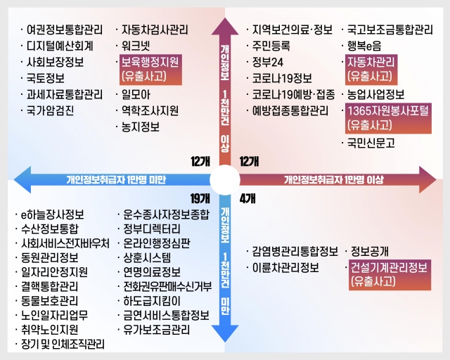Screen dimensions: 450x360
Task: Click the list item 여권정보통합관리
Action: pos(65,30)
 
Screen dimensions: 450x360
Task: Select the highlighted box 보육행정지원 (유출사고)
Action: pos(150,70)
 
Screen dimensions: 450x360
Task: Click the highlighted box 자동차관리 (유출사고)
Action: pos(371,70)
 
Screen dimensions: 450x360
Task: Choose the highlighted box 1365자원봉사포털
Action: pos(388,119)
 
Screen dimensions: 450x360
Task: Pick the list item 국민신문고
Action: pos(371,143)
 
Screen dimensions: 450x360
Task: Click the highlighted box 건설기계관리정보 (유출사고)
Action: pos(390,275)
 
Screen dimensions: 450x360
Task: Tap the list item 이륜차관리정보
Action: pos(285,268)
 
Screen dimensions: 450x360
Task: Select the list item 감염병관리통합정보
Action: pos(295,252)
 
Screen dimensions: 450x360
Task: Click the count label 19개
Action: pos(200,198)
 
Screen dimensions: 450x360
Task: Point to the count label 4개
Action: pos(247,198)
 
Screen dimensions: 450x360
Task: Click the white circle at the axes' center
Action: pos(225,180)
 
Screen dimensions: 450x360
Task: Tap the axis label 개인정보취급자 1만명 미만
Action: pos(116,180)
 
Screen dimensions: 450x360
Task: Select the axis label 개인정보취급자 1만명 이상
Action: pos(334,180)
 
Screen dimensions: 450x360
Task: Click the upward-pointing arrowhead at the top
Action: pos(225,27)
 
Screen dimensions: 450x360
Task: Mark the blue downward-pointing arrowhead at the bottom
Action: pos(225,333)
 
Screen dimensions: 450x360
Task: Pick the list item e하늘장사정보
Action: pos(53,214)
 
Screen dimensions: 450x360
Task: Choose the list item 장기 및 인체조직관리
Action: pos(63,344)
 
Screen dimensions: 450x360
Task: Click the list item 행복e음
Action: pos(364,46)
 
